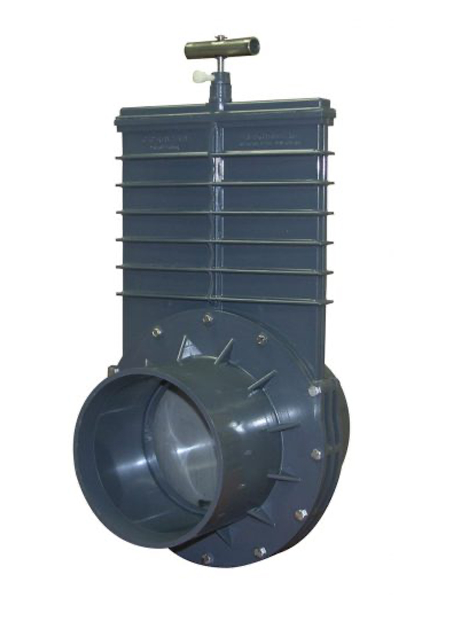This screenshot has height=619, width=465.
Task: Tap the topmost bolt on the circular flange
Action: click(x=207, y=318)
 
